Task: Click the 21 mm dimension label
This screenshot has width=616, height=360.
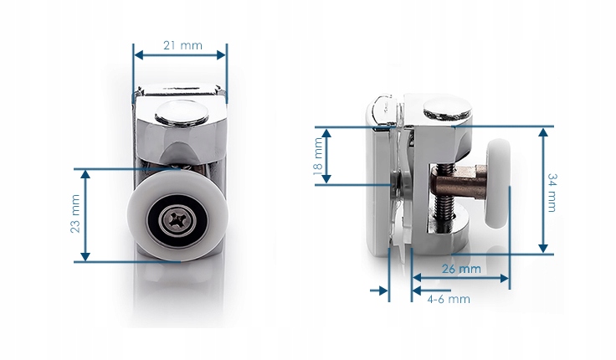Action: [182, 45]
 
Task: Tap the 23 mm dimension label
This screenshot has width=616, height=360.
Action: [75, 213]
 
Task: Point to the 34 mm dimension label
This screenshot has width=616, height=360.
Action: [552, 193]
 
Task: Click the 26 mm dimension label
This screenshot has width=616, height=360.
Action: [461, 269]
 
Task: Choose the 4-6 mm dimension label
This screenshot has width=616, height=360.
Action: [449, 299]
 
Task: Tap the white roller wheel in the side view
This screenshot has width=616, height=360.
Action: [498, 183]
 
